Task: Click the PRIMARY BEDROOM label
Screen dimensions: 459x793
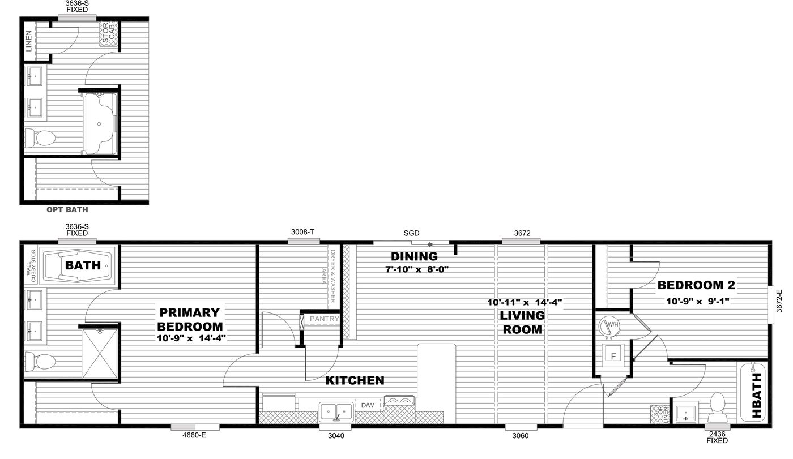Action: pyautogui.click(x=190, y=319)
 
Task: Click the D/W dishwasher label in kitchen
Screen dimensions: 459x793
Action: pyautogui.click(x=366, y=405)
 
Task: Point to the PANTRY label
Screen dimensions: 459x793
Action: pyautogui.click(x=323, y=319)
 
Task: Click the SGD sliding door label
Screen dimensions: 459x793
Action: pyautogui.click(x=411, y=233)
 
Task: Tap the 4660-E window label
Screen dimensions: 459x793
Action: pyautogui.click(x=194, y=436)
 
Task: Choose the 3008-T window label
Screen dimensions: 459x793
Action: pyautogui.click(x=302, y=232)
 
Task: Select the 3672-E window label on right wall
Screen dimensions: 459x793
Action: pyautogui.click(x=779, y=302)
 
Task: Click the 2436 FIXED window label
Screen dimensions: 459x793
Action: pyautogui.click(x=717, y=437)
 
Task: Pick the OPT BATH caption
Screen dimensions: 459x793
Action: pyautogui.click(x=67, y=209)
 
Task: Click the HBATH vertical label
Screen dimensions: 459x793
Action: pyautogui.click(x=756, y=394)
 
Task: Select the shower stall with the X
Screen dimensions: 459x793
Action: pyautogui.click(x=99, y=354)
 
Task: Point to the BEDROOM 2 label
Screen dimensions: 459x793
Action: pyautogui.click(x=696, y=286)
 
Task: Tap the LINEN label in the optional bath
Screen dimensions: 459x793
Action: pyautogui.click(x=29, y=41)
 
